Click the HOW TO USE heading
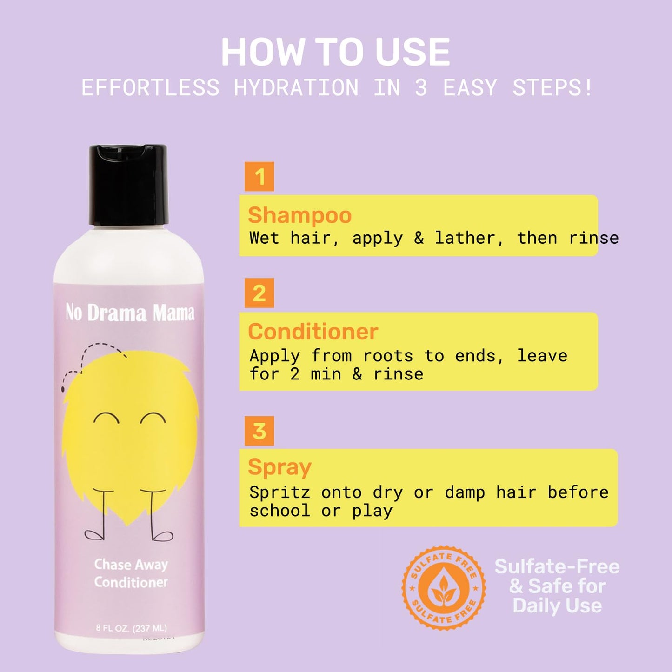point(335,52)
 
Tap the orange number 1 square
point(259,177)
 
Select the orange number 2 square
point(259,293)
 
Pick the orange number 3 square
point(259,431)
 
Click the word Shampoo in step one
point(299,215)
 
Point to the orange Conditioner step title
point(313,332)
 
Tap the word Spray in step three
point(279,467)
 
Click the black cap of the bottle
point(128,185)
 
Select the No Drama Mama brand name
point(130,313)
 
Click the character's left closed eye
point(106,418)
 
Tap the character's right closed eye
point(153,418)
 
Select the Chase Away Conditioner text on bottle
point(131,573)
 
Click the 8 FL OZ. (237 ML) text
point(131,628)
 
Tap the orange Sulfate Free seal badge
point(444,588)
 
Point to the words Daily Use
point(557,605)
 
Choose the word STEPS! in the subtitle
point(552,88)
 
